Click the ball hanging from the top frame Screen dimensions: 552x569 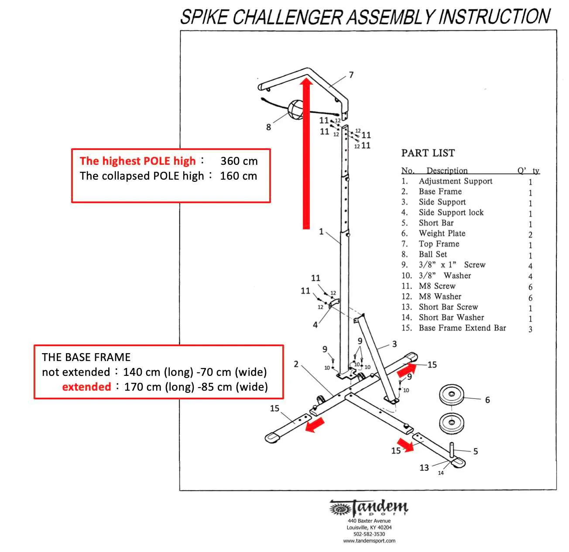pos(295,109)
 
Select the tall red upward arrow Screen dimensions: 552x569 pos(306,153)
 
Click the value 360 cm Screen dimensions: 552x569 pos(239,161)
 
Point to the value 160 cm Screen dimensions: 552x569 pos(238,176)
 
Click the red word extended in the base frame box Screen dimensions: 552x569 pos(86,387)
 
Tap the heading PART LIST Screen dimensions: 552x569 pos(428,153)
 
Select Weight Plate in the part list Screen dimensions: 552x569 pos(442,233)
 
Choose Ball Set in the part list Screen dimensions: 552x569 pos(432,254)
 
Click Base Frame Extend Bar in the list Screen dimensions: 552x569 pos(462,328)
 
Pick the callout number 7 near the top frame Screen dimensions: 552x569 pos(351,75)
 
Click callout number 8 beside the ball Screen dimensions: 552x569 pos(268,127)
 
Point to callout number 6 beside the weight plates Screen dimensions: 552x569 pos(487,399)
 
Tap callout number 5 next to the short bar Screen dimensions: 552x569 pos(476,451)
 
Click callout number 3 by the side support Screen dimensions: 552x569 pos(394,344)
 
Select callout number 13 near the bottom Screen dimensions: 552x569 pos(424,467)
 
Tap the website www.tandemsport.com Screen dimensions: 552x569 pos(369,541)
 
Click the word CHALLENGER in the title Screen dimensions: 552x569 pos(287,17)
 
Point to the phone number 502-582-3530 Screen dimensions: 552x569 pos(369,534)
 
